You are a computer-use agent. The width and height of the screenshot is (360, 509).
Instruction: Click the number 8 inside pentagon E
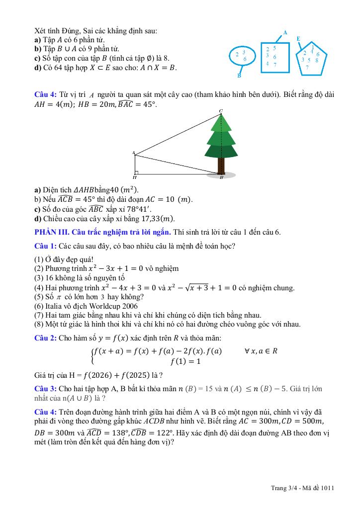(317, 60)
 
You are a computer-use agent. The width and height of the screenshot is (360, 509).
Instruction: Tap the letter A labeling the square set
(285, 32)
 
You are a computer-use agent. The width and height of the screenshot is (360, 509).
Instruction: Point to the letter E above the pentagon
(298, 38)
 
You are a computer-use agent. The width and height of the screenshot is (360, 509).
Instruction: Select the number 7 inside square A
(275, 65)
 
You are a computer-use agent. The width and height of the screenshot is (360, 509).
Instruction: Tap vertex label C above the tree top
(221, 110)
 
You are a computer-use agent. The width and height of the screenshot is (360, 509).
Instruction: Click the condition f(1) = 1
(185, 361)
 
